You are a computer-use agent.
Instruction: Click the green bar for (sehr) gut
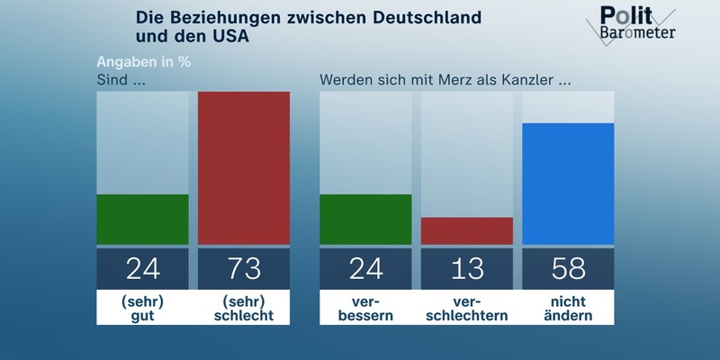coord(142,219)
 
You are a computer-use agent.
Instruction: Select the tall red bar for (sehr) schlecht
coord(244,167)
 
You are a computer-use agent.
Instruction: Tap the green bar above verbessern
coord(365,219)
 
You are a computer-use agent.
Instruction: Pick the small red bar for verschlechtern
coord(467,230)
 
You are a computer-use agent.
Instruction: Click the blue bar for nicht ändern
coord(568,184)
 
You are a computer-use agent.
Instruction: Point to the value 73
coord(244,268)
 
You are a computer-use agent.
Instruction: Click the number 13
coord(467,268)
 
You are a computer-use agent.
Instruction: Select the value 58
coord(568,268)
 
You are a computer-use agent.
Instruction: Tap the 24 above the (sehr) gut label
coord(142,268)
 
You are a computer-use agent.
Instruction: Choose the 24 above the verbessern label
coord(365,268)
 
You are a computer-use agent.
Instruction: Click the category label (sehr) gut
coord(142,308)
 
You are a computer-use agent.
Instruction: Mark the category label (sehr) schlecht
coord(244,308)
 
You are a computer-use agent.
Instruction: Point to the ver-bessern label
coord(365,308)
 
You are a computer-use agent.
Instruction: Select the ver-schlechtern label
coord(467,308)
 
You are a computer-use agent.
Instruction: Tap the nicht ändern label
coord(568,308)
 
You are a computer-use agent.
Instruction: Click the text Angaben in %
coord(144,63)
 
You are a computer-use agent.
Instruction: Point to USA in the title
coord(228,38)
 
